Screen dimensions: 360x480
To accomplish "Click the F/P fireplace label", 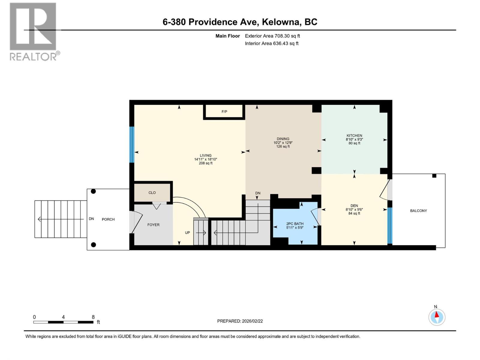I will (x=224, y=112).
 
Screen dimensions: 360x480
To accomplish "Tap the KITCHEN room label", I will (x=354, y=136).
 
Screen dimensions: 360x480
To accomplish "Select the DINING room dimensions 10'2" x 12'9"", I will (x=283, y=143).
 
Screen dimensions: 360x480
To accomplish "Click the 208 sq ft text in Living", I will (x=205, y=163).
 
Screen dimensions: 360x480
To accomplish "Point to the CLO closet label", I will (x=152, y=193).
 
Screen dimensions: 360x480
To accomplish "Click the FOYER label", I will (x=153, y=225).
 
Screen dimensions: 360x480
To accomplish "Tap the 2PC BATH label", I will (x=295, y=224).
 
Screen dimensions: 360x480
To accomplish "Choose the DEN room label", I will (x=354, y=206).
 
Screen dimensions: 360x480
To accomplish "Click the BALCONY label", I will (x=418, y=211).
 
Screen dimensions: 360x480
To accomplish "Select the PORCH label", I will (x=108, y=219).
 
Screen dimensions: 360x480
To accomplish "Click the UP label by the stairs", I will (x=187, y=232).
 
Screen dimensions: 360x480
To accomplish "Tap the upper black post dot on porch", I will (x=93, y=191).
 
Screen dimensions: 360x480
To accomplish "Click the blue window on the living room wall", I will (x=131, y=145).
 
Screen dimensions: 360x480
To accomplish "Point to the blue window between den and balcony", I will (x=389, y=226).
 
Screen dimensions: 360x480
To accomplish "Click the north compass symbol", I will (x=437, y=317).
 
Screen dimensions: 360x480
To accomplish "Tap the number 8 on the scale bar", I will (x=93, y=317).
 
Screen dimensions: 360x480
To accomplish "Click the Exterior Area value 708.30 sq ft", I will (x=287, y=36).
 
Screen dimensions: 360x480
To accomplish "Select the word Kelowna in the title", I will (x=281, y=22).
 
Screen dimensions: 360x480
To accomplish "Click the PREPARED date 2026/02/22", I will (x=252, y=321).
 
